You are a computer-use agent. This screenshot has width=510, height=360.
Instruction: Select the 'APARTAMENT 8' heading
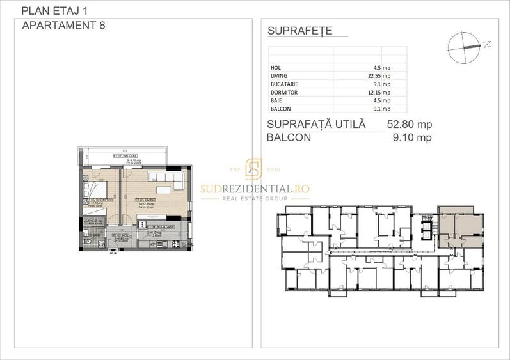[x=63, y=26]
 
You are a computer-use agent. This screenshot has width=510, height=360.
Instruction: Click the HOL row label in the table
[x=276, y=67]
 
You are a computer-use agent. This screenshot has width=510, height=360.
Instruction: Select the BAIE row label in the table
[x=277, y=100]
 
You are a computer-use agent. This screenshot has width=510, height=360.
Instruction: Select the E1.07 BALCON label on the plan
[x=124, y=155]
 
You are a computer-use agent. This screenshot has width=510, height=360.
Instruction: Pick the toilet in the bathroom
[x=87, y=241]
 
